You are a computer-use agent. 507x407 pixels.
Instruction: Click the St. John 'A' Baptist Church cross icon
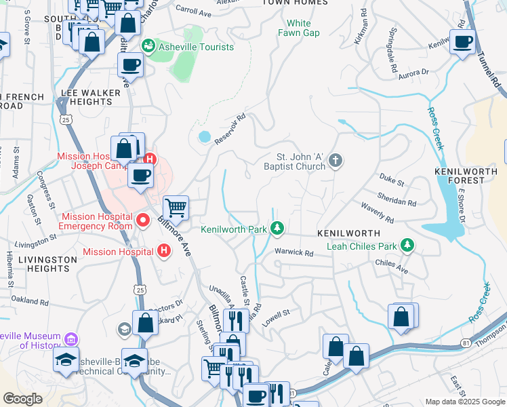point(334,161)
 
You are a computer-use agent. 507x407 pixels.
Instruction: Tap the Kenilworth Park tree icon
point(277,229)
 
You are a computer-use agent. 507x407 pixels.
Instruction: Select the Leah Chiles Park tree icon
point(407,244)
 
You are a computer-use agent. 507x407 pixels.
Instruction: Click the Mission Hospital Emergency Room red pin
point(143,220)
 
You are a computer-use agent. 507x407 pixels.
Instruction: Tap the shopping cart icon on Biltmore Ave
point(176,207)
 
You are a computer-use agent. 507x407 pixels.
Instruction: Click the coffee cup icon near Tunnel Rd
point(462,43)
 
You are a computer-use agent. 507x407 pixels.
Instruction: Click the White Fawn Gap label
point(298,28)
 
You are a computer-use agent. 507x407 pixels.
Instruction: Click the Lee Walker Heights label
point(86,97)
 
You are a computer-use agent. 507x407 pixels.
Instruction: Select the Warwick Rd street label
point(293,253)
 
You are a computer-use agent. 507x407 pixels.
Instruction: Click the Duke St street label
point(391,182)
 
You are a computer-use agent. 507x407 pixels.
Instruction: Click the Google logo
point(23,399)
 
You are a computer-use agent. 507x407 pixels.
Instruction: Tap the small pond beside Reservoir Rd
point(204,137)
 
